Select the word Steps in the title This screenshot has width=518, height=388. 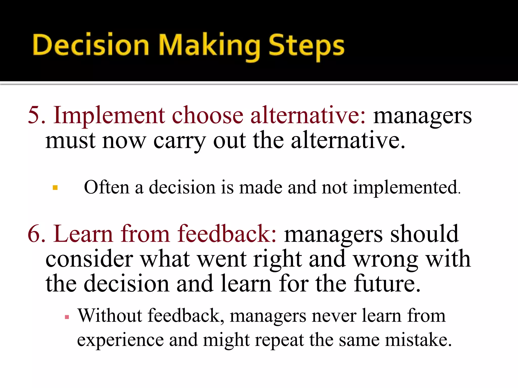point(306,46)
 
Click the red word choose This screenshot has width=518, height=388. point(207,115)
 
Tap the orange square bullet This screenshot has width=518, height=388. point(55,188)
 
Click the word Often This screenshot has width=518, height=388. point(106,187)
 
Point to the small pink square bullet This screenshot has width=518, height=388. point(67,317)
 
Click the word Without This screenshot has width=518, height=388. point(110,316)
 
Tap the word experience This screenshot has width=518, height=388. point(120,341)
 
